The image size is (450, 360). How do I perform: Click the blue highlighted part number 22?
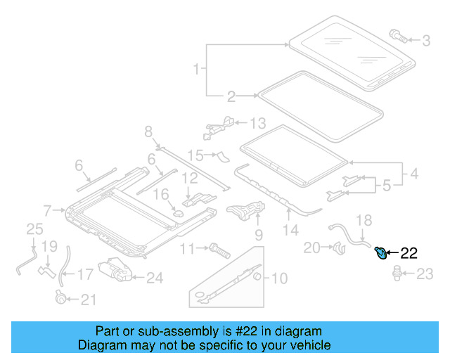380,252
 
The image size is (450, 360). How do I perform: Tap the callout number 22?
409,252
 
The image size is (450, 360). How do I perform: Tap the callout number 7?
47,210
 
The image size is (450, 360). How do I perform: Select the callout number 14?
290,230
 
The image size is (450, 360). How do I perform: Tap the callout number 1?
196,70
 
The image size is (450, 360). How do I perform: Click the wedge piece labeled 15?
222,155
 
